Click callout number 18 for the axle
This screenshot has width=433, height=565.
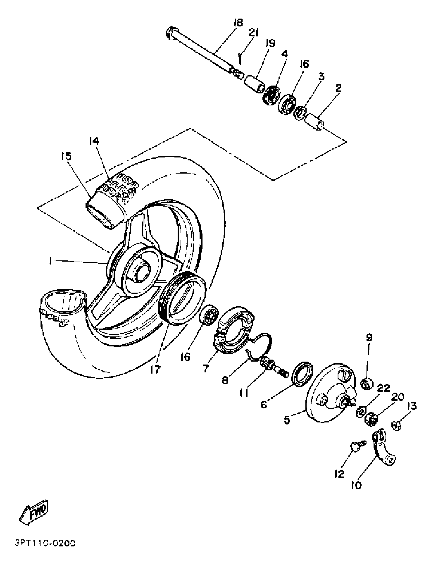pos(238,23)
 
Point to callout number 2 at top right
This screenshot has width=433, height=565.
pos(338,88)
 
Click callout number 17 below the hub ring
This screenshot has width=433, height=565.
pos(156,369)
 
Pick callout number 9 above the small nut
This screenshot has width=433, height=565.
pos(369,338)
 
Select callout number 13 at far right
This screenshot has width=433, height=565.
pos(412,407)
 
